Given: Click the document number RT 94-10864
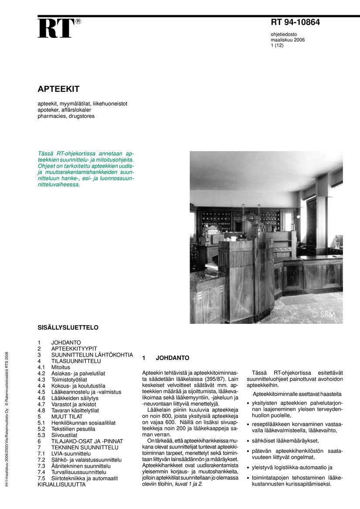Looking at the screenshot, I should [x=295, y=23].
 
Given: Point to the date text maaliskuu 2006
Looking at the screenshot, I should [x=288, y=40].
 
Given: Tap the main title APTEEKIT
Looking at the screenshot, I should [x=58, y=89].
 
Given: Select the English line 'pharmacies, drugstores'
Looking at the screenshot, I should [x=66, y=116].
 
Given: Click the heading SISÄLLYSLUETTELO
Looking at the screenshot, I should [x=68, y=327].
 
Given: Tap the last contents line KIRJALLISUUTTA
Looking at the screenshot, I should [x=61, y=484].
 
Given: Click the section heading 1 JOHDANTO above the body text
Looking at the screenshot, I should [x=166, y=358].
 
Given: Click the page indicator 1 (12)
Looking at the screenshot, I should [x=277, y=45].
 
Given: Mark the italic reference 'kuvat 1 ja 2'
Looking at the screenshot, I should [x=188, y=484].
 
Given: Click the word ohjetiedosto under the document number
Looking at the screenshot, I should [x=284, y=34].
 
